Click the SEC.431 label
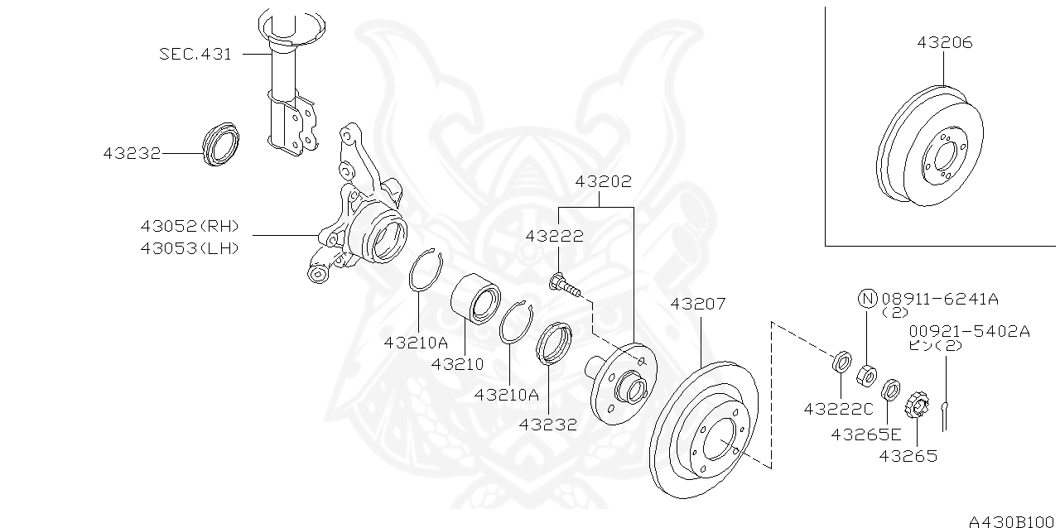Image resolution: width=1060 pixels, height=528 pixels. [x=195, y=55]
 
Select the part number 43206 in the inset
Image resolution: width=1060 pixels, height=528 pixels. [x=944, y=42]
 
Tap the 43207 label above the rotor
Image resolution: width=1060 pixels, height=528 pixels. [x=697, y=304]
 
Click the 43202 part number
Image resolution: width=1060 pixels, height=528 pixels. [x=604, y=181]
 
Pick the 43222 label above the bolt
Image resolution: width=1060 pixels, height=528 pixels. [x=554, y=236]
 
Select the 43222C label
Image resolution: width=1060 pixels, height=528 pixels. [x=838, y=409]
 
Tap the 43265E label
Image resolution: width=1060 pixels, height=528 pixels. [x=866, y=434]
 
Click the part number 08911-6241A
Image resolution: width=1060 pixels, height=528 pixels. [x=939, y=299]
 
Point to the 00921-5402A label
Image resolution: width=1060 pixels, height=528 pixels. [x=969, y=331]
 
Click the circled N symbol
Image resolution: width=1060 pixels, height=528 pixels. [x=866, y=299]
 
